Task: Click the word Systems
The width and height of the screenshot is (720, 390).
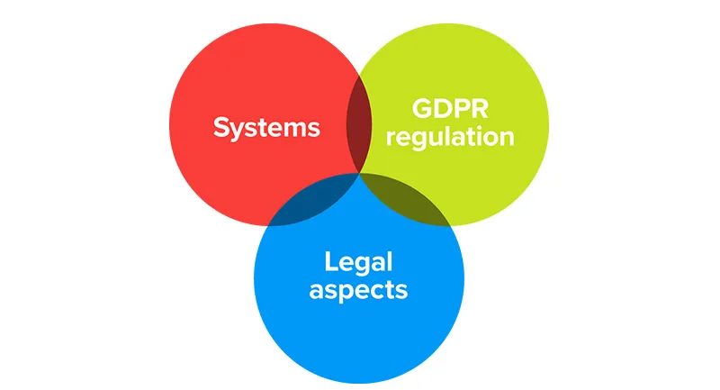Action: tap(266, 127)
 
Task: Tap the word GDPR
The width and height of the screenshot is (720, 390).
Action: tap(447, 108)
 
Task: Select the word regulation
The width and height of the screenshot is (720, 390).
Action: tap(447, 138)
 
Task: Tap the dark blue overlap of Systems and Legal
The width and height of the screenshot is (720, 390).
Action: tap(310, 203)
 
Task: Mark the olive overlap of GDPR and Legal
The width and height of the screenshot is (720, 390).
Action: tap(409, 203)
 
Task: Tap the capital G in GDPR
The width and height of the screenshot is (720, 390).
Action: tap(421, 108)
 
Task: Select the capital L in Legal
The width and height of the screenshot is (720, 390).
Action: tap(330, 262)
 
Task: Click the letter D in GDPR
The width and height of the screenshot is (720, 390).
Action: tap(440, 108)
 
